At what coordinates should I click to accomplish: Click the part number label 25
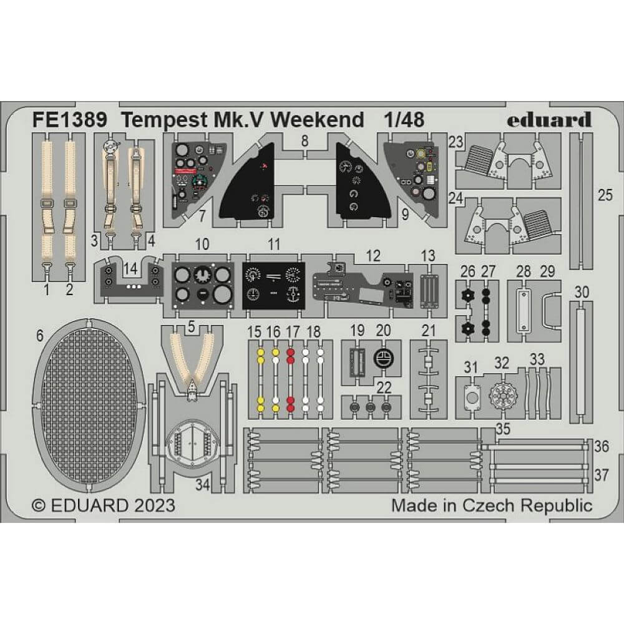pos(605,195)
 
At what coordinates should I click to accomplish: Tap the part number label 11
pos(273,245)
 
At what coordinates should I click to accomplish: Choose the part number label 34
pos(202,484)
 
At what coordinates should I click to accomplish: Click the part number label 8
pos(304,141)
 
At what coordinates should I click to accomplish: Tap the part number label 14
pos(129,268)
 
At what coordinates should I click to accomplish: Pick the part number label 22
pos(384,388)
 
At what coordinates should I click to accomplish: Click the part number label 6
pos(39,335)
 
